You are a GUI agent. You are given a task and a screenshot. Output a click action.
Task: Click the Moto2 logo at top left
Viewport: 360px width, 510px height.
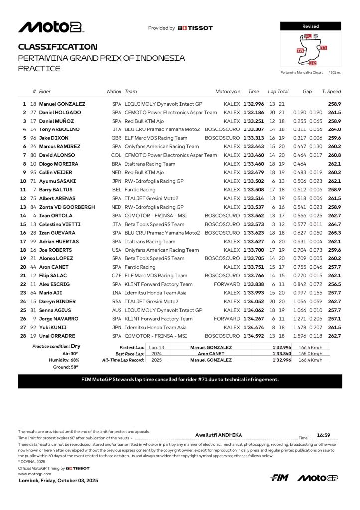click(x=50, y=27)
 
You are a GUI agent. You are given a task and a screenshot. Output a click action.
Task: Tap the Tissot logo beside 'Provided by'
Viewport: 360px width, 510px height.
click(x=195, y=28)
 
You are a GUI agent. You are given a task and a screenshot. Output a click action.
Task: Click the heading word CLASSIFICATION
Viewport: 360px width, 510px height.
click(x=58, y=47)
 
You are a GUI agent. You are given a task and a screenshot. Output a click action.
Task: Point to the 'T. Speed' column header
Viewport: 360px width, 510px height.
click(x=331, y=92)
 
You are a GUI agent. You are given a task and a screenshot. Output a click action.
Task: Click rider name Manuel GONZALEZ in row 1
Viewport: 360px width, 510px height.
click(x=63, y=104)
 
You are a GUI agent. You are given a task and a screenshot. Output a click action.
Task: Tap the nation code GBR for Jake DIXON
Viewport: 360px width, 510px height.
click(x=117, y=138)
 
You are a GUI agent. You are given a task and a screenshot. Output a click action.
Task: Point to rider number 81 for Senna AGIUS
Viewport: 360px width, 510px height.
click(x=33, y=310)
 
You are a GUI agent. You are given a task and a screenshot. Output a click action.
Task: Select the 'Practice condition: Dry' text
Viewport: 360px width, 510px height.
click(x=56, y=346)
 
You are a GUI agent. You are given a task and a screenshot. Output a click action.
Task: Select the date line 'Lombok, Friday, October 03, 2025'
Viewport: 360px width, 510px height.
click(x=58, y=480)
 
